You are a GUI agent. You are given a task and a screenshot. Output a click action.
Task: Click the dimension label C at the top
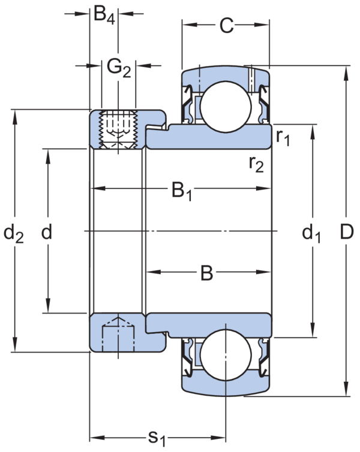tap(225, 25)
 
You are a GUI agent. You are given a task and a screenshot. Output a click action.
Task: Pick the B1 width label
tap(181, 191)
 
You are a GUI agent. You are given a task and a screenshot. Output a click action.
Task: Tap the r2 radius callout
tap(257, 163)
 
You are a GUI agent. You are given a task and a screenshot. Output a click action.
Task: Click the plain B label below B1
tap(206, 273)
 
